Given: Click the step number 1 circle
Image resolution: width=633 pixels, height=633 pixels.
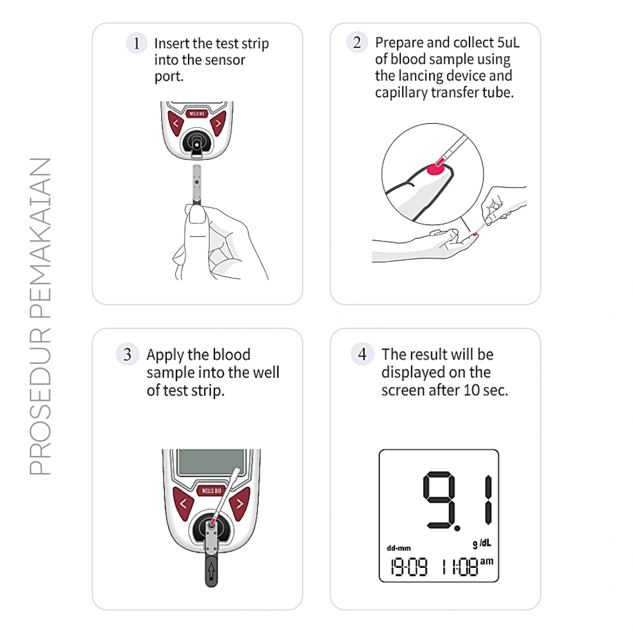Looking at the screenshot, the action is click(x=137, y=43).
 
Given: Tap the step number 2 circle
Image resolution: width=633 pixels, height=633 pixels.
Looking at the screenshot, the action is click(x=357, y=42).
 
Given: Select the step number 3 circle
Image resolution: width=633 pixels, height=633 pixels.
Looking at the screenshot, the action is click(x=128, y=355).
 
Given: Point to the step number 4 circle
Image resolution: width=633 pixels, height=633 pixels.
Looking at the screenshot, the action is click(x=362, y=354).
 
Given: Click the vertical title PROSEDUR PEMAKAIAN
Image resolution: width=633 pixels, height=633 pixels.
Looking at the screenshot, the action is click(x=40, y=316).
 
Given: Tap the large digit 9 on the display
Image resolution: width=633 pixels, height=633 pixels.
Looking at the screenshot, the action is click(x=439, y=501).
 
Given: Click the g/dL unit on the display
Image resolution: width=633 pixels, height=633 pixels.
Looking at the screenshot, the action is click(x=482, y=544).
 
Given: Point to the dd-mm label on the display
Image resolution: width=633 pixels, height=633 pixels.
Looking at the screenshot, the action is click(x=399, y=548).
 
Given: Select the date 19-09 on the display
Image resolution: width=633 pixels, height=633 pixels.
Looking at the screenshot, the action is click(x=409, y=567).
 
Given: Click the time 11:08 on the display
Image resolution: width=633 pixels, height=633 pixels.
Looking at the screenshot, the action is click(x=460, y=567).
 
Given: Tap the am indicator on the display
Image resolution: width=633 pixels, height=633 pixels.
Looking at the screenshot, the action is click(x=487, y=561).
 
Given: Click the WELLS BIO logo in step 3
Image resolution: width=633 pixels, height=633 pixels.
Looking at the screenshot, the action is click(x=211, y=491).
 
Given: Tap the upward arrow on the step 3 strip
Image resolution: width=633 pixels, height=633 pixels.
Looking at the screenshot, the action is click(x=211, y=571).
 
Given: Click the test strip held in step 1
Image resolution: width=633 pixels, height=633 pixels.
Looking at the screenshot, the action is click(x=196, y=185).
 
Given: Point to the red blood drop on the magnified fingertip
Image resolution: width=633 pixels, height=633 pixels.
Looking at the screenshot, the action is click(x=435, y=169).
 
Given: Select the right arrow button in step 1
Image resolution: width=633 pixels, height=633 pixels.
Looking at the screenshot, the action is click(x=218, y=123).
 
